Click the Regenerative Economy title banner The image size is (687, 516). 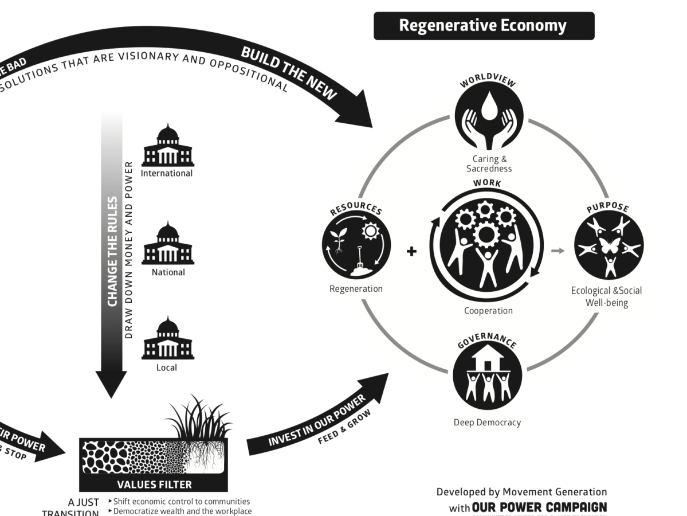point(484,26)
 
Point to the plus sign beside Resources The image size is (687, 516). point(411,251)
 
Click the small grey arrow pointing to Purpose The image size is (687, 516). point(558,251)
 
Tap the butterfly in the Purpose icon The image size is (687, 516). point(609,245)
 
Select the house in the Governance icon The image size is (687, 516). point(487,360)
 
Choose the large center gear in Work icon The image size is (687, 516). point(486,234)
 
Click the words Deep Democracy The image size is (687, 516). point(487,423)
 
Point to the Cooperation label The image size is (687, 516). point(488,311)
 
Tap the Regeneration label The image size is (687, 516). point(356,289)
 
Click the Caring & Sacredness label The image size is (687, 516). point(489,164)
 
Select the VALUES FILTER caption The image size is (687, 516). point(154,484)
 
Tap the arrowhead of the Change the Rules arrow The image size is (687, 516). point(111,384)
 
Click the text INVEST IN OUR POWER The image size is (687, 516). point(316,420)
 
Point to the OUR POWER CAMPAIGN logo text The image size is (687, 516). point(539,507)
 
